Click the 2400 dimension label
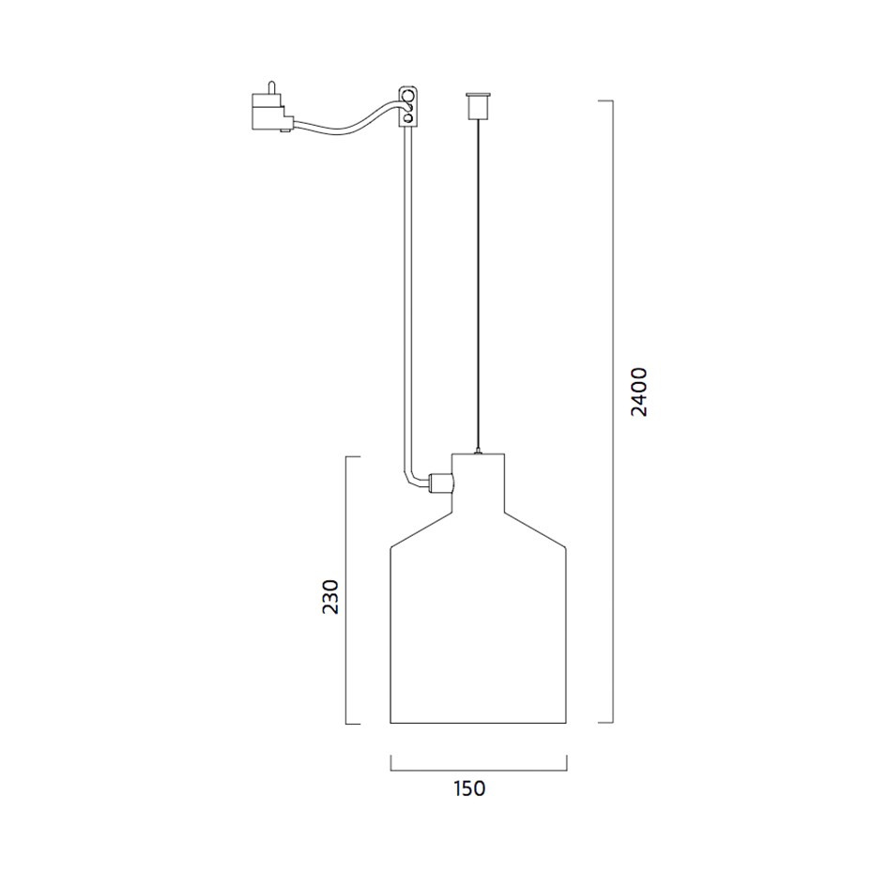point(639,392)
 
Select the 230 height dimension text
point(330,597)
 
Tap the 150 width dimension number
point(468,789)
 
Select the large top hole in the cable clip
point(408,95)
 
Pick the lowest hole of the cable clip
point(408,117)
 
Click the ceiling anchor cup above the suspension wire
point(478,106)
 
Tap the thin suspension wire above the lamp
point(478,283)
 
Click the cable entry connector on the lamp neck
point(440,482)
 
